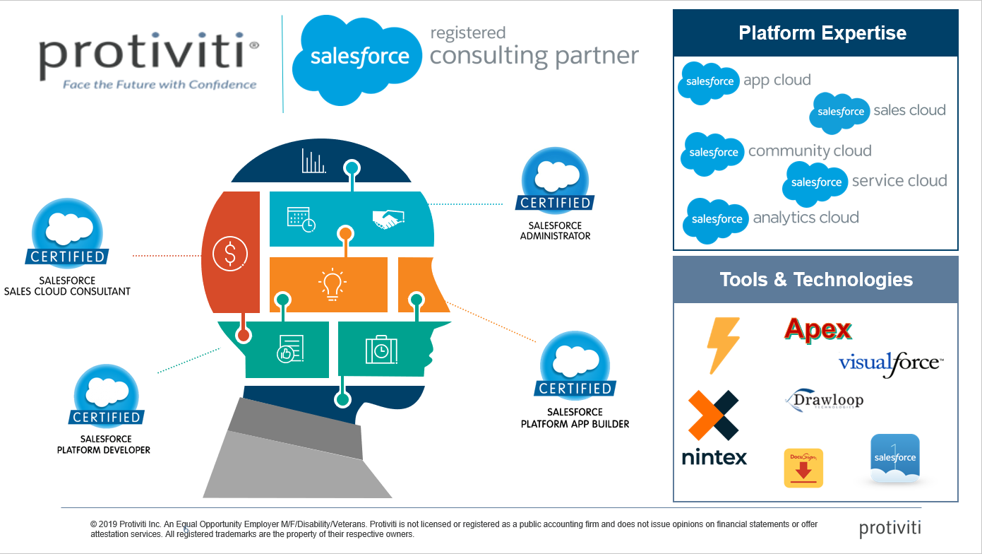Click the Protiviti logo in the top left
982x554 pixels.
[149, 56]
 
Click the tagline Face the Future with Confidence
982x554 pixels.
[160, 85]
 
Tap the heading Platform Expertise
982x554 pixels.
[822, 33]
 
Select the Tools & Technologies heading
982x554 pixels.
[816, 280]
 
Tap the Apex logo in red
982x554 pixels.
[818, 329]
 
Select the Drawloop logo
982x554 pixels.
[825, 400]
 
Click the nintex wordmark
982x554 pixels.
[714, 457]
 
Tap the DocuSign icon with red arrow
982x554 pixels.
[803, 468]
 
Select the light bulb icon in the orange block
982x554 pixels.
[332, 284]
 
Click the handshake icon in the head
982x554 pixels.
[388, 219]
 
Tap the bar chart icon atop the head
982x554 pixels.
[313, 161]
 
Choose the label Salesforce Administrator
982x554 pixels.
[555, 230]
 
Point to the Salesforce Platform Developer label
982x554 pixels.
[104, 444]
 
